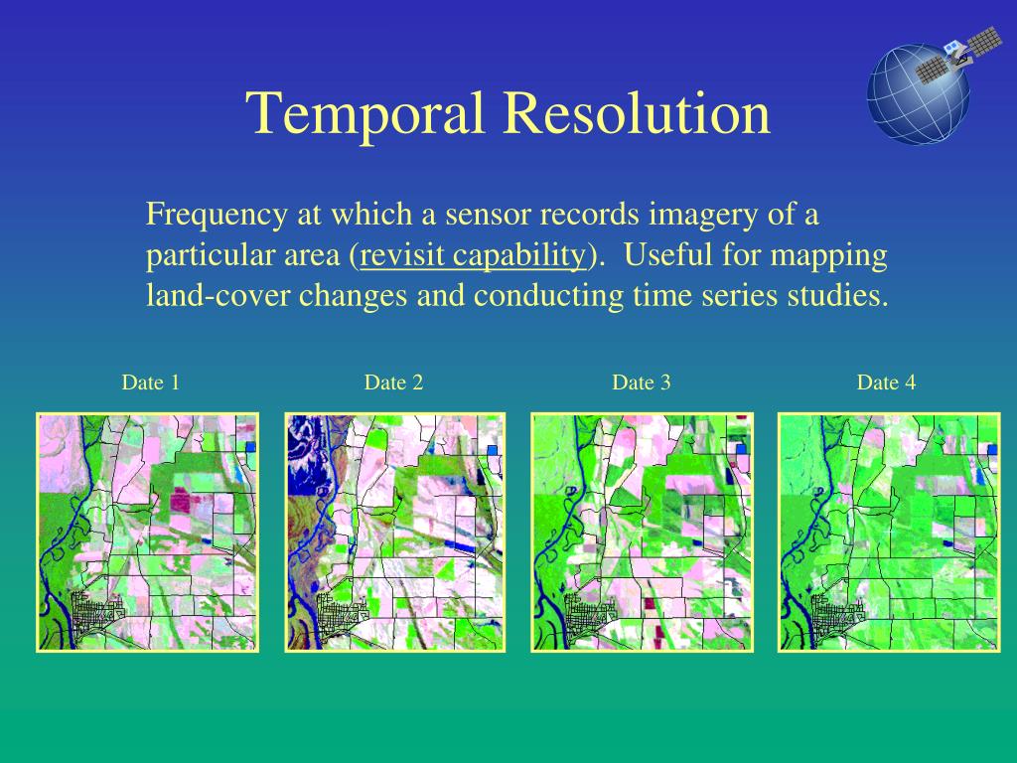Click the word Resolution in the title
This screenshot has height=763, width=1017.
point(637,113)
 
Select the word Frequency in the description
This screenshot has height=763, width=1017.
point(211,214)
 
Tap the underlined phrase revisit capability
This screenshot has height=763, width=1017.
point(473,255)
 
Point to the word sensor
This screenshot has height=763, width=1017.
point(480,214)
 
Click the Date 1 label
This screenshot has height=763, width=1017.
point(151,382)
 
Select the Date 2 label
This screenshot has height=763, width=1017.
point(394,382)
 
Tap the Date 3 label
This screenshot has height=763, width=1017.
point(642,382)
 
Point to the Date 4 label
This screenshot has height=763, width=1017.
point(887,382)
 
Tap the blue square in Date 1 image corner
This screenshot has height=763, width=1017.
point(250,448)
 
